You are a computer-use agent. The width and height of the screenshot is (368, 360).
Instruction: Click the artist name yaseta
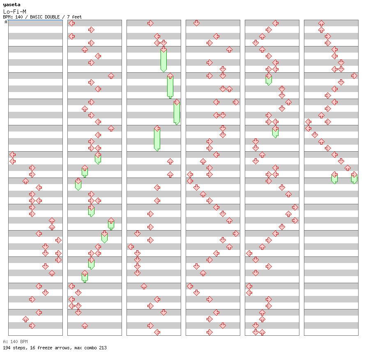tap(12, 5)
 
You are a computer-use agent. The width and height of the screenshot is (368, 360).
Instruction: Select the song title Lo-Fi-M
tap(14, 12)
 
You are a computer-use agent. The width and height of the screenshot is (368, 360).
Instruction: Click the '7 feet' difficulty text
tap(74, 17)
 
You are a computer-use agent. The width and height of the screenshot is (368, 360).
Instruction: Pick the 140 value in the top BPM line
tap(19, 17)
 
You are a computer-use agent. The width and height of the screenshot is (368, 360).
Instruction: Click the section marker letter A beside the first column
tap(6, 22)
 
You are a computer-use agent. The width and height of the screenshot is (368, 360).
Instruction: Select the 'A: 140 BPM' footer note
tap(15, 342)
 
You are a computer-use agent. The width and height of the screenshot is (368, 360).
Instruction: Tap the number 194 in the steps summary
tap(7, 348)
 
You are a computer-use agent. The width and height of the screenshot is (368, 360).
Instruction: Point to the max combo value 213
tap(103, 348)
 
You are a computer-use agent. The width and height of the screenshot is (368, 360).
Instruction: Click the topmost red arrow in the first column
tap(13, 155)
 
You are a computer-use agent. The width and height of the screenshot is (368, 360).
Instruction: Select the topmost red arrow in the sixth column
tap(321, 23)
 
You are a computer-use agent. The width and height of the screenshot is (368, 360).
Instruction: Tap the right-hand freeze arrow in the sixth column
tap(354, 178)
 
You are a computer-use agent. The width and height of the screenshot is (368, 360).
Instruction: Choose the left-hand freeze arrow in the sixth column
tap(334, 178)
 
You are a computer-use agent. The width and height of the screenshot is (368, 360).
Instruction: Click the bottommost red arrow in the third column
tap(157, 332)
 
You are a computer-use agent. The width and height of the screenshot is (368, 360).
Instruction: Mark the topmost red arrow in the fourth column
tap(196, 23)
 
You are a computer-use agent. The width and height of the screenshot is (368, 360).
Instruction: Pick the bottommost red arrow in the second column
tap(85, 326)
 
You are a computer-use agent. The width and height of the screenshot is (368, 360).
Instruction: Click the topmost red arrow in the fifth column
tap(275, 23)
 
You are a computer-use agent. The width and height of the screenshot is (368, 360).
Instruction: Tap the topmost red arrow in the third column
tap(150, 23)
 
